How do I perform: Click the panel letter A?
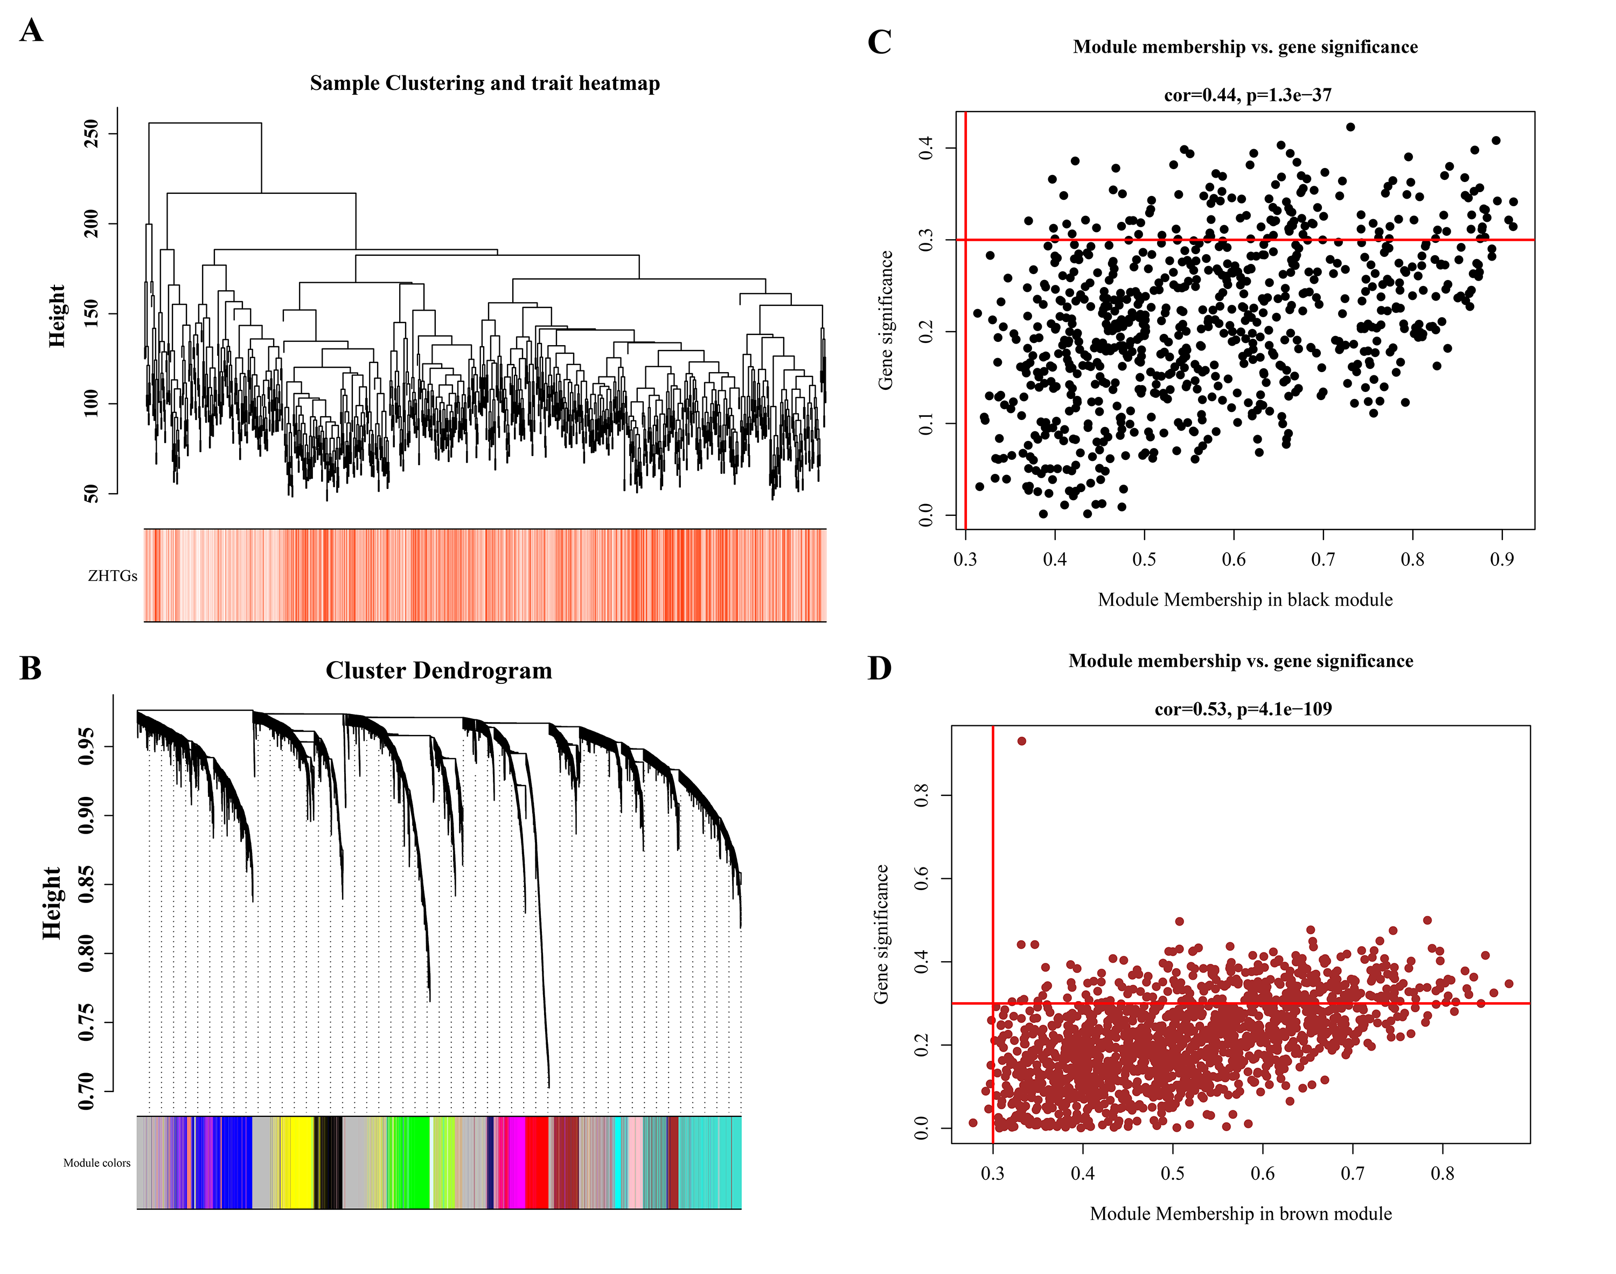click(31, 31)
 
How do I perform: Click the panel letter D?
click(879, 668)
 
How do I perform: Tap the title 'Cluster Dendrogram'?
click(438, 670)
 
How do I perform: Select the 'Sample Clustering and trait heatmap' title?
click(485, 83)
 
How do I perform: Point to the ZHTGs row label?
click(113, 576)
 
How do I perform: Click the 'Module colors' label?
click(96, 1163)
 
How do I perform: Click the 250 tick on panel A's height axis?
click(92, 134)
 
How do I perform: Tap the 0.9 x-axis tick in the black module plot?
click(1501, 559)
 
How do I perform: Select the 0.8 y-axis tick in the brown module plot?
click(922, 795)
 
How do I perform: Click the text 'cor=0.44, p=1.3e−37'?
click(1248, 95)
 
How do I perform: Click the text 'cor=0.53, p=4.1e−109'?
click(1243, 709)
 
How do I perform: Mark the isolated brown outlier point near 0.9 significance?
click(1021, 741)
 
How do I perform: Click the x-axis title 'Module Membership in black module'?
click(1244, 600)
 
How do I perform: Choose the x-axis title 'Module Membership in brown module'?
click(1241, 1214)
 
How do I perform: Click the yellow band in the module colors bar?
click(299, 1162)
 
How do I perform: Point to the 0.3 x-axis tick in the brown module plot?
click(992, 1173)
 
